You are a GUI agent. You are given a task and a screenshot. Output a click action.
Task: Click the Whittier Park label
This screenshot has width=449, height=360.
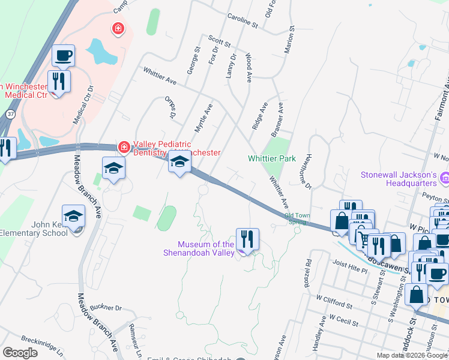[x=272, y=159]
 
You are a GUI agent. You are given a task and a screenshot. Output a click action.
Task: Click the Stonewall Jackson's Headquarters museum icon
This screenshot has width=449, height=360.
[x=445, y=178]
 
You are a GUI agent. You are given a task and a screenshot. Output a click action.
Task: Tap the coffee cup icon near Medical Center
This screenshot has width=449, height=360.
[x=63, y=56]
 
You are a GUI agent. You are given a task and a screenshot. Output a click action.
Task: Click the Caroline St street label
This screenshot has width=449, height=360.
[x=242, y=22]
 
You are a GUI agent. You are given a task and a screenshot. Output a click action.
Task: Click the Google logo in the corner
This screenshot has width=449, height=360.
[x=20, y=353]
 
